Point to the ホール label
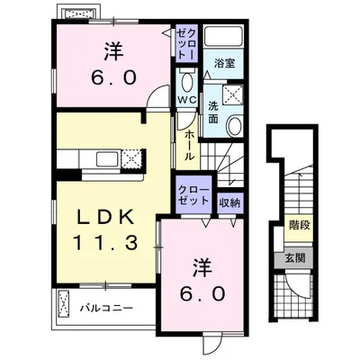(189, 144)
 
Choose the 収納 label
(229, 203)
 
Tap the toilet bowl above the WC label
(187, 79)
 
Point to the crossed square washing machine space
(235, 94)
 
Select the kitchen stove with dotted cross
(131, 159)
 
